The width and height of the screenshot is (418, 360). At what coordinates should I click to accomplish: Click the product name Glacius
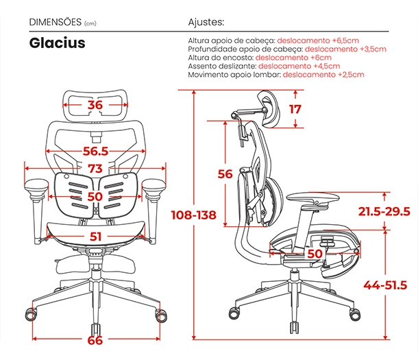point(57,43)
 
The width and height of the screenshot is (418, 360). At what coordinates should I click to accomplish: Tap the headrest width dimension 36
point(95,105)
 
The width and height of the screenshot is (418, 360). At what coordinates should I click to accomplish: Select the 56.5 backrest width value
point(95,151)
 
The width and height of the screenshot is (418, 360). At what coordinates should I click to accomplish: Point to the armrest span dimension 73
point(95,169)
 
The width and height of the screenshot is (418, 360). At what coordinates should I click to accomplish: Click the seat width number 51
point(95,237)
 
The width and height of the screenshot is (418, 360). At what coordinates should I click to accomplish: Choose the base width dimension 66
point(95,341)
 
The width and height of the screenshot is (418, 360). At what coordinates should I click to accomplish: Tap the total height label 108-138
point(193,215)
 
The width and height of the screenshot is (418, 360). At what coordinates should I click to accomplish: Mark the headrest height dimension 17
point(295,109)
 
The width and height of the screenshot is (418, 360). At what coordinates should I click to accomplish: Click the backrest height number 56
point(225,174)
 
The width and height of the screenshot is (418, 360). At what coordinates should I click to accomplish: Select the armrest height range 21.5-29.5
point(384,211)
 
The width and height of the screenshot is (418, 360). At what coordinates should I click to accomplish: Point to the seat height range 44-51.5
point(386,285)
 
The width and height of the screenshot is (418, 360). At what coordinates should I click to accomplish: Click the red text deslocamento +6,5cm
point(318,40)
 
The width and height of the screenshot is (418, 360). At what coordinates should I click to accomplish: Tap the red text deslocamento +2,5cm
point(323,74)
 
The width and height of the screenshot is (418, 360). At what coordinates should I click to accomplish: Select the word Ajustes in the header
point(206,22)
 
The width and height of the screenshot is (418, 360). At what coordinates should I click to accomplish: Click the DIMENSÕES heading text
point(56,22)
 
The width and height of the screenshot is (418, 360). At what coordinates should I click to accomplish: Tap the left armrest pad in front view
point(36,185)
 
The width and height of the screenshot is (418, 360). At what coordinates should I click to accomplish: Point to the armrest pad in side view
point(312,197)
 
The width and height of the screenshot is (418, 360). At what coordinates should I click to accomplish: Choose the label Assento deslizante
point(222,66)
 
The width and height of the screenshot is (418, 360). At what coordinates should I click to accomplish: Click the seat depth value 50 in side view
point(315,254)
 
